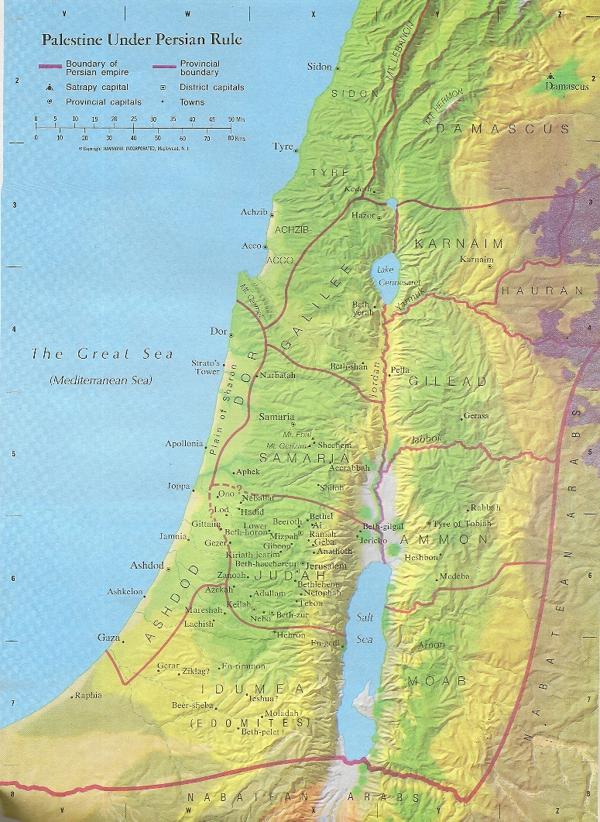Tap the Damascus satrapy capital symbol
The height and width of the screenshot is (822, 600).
point(550,76)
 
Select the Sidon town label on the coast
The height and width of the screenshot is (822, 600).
point(319,67)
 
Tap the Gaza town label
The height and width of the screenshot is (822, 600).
point(108,637)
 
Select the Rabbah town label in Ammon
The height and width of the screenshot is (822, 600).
point(485,507)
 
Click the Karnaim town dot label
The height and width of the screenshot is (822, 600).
point(475,259)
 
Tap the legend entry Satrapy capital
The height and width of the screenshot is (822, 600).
point(97,88)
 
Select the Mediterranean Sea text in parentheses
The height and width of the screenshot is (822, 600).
point(101,380)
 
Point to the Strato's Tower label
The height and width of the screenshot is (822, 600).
point(206,366)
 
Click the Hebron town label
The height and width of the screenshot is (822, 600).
point(291,635)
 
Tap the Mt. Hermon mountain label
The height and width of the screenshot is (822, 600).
point(443,105)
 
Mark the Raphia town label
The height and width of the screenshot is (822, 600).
point(87,695)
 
